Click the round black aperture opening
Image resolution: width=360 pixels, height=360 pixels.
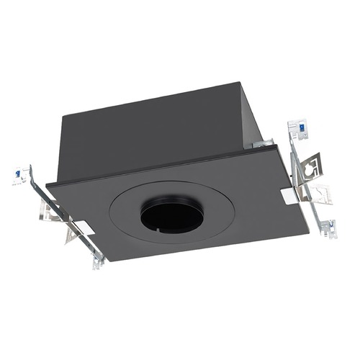click(x=171, y=217)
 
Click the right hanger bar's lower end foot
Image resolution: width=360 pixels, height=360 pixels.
click(x=329, y=230)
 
